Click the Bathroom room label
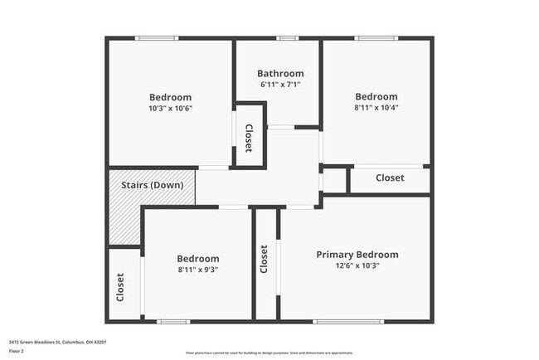coord(280,73)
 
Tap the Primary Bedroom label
coord(357,255)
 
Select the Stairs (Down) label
coord(152,185)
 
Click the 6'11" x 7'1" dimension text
coord(280,84)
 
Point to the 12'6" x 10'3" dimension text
coord(357,265)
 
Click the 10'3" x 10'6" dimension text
coord(170,108)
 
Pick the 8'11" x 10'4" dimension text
coord(376,108)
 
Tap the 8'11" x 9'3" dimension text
coord(198,270)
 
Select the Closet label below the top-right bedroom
coord(390,178)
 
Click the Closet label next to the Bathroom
coord(248,138)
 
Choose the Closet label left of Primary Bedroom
coord(265,259)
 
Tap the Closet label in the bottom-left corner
coord(120,286)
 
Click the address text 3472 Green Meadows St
coord(57,342)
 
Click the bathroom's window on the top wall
coord(288,38)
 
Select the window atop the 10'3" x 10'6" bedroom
coord(157,38)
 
